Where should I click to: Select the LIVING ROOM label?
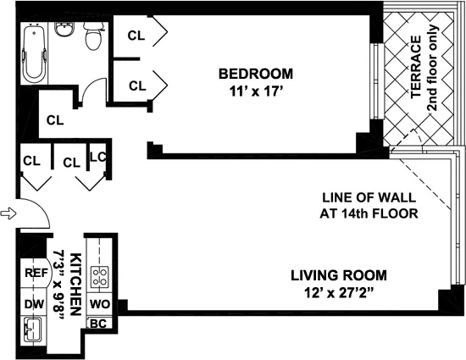click(x=339, y=275)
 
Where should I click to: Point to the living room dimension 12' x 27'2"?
click(x=339, y=294)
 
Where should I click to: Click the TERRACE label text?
click(x=416, y=68)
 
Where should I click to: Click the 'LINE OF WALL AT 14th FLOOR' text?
click(x=369, y=205)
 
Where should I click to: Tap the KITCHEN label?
click(x=75, y=284)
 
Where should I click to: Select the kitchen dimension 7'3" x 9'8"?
click(x=61, y=284)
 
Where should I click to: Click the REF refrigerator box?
click(x=34, y=274)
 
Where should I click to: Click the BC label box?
click(x=98, y=323)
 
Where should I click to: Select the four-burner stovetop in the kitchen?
click(x=100, y=275)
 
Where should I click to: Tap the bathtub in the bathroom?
click(x=34, y=53)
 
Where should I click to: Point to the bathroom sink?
click(x=64, y=30)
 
